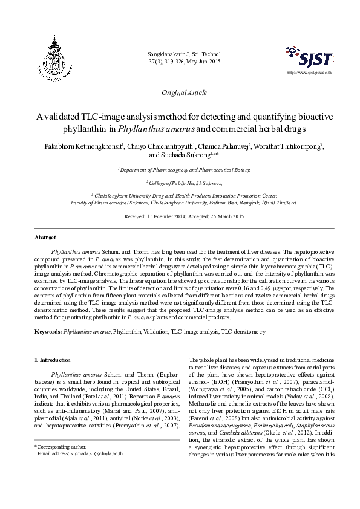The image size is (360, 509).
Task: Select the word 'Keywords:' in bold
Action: coord(48,332)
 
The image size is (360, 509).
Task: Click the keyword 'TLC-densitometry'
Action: coord(243,332)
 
